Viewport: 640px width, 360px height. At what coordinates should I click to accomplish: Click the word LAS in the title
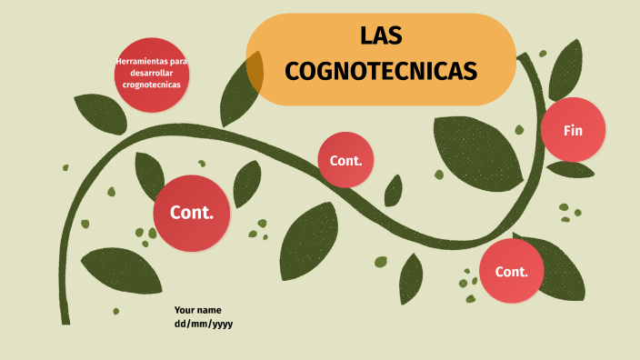pyautogui.click(x=381, y=36)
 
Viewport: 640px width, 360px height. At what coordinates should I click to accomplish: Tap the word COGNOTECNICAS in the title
pyautogui.click(x=381, y=70)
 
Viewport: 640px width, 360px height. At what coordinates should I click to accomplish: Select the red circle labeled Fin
pyautogui.click(x=573, y=130)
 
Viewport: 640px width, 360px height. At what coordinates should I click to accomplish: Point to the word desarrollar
pyautogui.click(x=152, y=73)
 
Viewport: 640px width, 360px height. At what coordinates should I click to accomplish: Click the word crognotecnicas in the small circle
pyautogui.click(x=152, y=85)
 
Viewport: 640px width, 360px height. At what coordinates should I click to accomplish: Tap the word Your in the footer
pyautogui.click(x=185, y=309)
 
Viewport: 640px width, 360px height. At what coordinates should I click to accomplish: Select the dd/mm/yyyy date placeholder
pyautogui.click(x=204, y=323)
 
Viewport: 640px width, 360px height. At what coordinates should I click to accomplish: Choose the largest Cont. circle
pyautogui.click(x=191, y=213)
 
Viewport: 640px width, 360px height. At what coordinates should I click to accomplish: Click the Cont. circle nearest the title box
pyautogui.click(x=346, y=160)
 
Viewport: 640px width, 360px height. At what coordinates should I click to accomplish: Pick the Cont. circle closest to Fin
pyautogui.click(x=511, y=271)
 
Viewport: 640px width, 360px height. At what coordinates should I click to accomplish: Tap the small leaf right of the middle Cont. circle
pyautogui.click(x=394, y=191)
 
